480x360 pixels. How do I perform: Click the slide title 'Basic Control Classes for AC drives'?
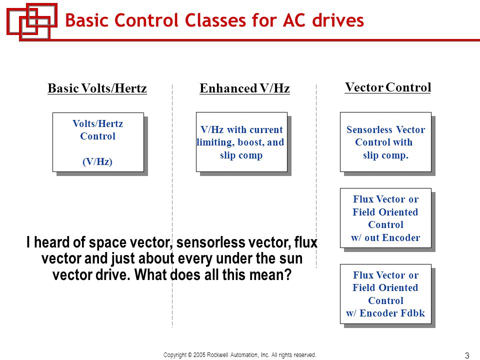tap(214, 20)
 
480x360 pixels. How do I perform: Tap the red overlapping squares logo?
tap(31, 21)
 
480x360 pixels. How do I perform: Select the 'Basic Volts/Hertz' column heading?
tap(97, 89)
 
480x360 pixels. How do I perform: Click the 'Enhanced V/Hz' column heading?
tap(244, 89)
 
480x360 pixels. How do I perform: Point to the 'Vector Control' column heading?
tap(387, 87)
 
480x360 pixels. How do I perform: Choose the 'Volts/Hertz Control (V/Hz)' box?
tap(98, 142)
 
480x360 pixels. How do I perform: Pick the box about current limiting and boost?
tap(241, 142)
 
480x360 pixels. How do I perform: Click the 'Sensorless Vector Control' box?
tap(385, 142)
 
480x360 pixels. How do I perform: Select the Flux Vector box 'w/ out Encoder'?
tap(385, 218)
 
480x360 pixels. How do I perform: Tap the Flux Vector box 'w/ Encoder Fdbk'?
tap(385, 294)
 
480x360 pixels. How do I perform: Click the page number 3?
tap(467, 355)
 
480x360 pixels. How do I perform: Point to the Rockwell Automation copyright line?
tap(240, 355)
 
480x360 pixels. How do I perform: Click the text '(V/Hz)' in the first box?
tap(97, 161)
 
